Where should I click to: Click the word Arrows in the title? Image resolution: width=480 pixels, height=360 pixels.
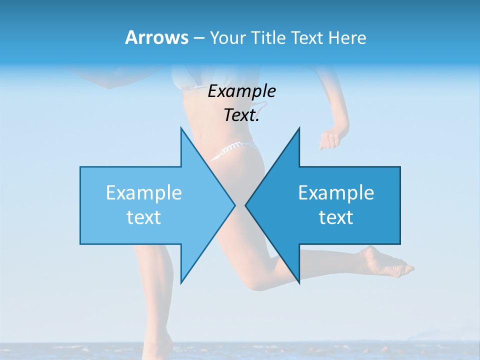click(156, 37)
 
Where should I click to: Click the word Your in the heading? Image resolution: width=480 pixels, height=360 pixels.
click(227, 38)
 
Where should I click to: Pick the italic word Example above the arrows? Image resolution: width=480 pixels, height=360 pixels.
click(241, 91)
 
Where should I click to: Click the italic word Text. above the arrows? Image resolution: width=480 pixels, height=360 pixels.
click(241, 115)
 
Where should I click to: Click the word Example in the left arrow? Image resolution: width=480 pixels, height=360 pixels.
click(144, 192)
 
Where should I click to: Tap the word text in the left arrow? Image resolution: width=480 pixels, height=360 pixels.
click(144, 217)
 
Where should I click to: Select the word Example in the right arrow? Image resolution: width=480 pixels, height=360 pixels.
click(336, 192)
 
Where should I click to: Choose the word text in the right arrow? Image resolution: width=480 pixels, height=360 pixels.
click(336, 217)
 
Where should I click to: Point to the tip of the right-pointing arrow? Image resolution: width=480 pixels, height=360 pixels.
click(234, 205)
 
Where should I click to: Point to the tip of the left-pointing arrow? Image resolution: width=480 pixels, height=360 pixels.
click(246, 205)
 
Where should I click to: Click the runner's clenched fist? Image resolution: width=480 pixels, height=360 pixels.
click(329, 139)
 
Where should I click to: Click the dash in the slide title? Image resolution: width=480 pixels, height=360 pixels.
click(198, 38)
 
